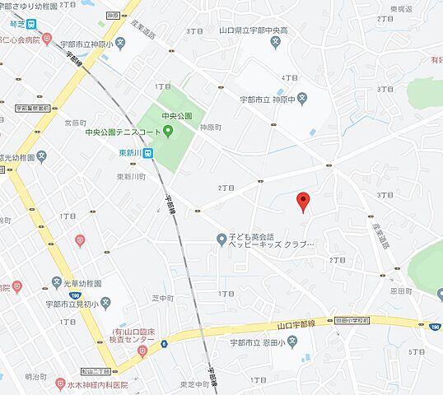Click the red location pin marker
(303, 201)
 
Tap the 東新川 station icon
(147, 152)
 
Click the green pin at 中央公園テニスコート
(168, 131)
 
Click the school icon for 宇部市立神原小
(120, 43)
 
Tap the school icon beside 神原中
(302, 99)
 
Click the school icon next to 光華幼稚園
(56, 281)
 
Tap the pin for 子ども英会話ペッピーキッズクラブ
(221, 239)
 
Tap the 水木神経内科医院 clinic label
(97, 383)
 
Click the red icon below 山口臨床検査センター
(142, 351)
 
